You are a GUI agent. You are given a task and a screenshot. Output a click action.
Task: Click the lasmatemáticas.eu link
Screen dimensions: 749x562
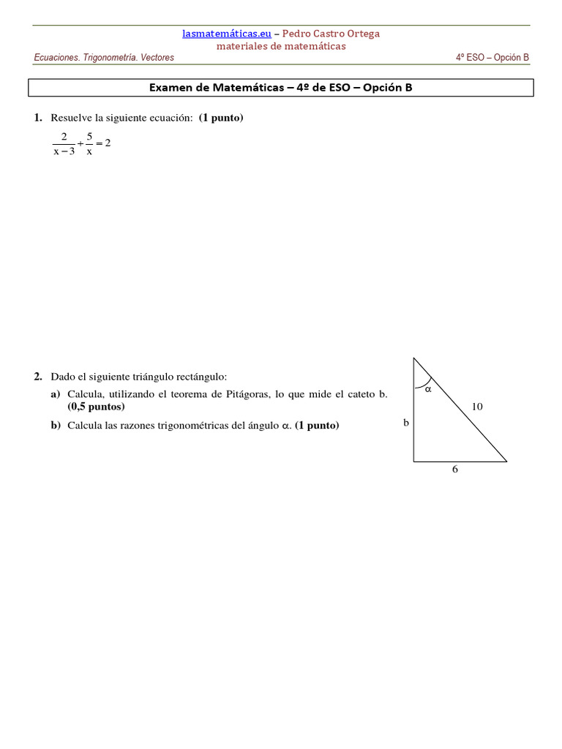click(x=227, y=34)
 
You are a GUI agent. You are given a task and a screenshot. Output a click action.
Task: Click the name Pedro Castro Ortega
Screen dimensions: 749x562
click(x=331, y=34)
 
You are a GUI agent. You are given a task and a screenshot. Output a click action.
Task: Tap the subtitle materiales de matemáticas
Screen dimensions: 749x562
click(x=281, y=46)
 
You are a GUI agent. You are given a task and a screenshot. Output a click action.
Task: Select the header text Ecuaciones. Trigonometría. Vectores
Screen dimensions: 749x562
click(x=104, y=58)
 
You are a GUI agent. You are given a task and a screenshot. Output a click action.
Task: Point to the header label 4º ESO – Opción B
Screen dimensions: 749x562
click(x=492, y=58)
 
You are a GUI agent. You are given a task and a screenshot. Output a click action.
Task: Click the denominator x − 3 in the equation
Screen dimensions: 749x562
click(x=64, y=152)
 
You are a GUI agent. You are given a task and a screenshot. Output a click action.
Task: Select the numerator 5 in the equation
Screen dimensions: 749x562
click(x=89, y=136)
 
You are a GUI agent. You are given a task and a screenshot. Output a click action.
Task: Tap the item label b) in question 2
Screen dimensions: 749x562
click(x=56, y=425)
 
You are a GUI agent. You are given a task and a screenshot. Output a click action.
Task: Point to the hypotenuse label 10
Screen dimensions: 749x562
click(x=477, y=407)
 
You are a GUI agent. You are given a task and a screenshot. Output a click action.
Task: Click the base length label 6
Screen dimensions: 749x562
click(x=455, y=470)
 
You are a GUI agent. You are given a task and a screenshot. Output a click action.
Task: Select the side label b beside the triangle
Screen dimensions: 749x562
click(x=405, y=422)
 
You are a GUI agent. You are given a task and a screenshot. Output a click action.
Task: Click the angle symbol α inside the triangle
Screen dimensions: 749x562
click(x=429, y=389)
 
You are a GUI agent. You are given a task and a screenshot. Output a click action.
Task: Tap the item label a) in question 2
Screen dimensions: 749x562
click(x=56, y=394)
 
